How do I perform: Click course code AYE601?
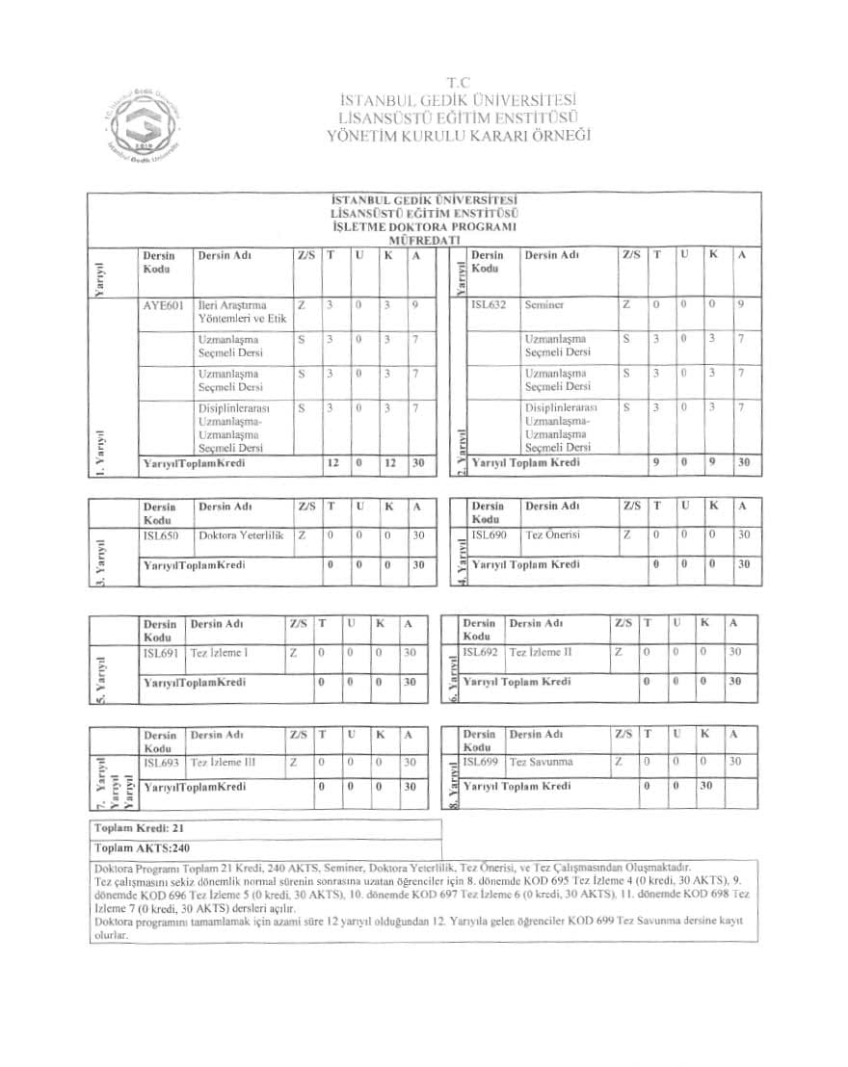tap(162, 305)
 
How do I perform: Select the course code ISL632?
tap(489, 305)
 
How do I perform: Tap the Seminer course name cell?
tap(544, 305)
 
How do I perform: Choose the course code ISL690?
tap(490, 535)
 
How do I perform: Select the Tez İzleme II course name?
tap(541, 652)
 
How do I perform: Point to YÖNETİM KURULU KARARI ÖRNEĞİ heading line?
tap(459, 135)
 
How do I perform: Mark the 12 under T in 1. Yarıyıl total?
tap(332, 463)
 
